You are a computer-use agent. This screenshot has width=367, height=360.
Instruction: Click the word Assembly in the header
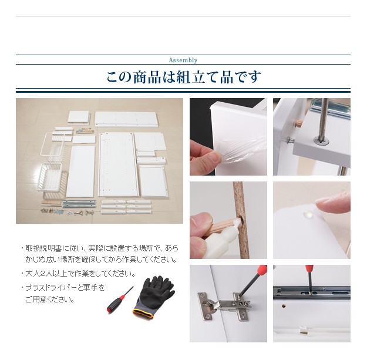[x=183, y=60]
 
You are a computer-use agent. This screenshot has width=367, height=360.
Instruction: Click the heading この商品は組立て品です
[x=183, y=77]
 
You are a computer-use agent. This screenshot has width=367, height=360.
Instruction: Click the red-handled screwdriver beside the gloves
[x=120, y=300]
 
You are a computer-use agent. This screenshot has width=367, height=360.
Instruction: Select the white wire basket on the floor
[x=50, y=177]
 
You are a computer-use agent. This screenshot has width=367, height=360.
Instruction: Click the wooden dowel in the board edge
[x=299, y=123]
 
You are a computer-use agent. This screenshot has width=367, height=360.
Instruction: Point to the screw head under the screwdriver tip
[x=321, y=140]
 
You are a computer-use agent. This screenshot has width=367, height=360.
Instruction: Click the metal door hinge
[x=225, y=305]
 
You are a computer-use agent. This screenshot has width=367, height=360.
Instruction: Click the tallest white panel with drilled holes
[x=117, y=164]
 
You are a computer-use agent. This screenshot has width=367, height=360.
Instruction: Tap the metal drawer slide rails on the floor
[x=79, y=204]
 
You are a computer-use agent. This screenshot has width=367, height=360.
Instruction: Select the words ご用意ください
[x=50, y=300]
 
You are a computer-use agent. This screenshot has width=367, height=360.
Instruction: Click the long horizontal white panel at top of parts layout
[x=126, y=119]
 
